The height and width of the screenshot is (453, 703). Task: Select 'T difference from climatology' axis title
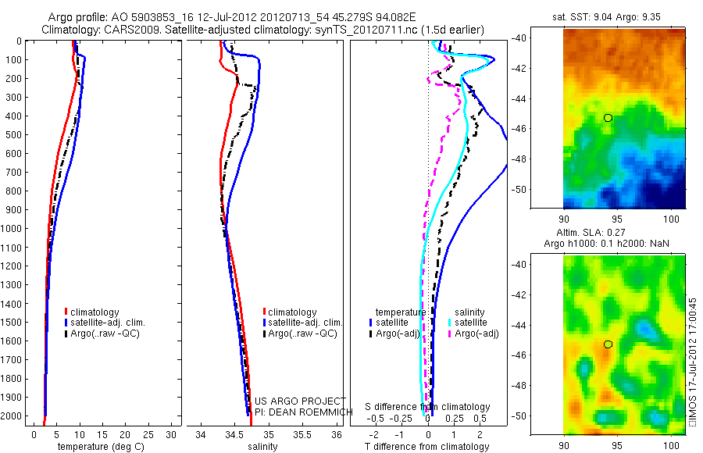point(426,447)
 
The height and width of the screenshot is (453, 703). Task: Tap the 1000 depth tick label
point(14,229)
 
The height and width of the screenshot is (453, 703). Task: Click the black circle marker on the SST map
point(608,117)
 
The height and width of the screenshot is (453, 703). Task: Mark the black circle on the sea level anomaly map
point(608,344)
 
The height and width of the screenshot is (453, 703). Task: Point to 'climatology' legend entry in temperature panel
point(101,312)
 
